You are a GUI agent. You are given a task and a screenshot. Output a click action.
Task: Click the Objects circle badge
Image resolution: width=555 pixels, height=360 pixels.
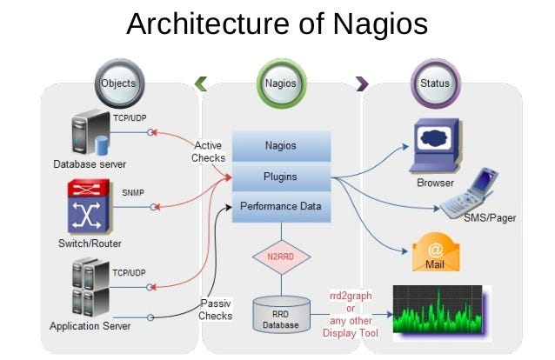[x=119, y=83]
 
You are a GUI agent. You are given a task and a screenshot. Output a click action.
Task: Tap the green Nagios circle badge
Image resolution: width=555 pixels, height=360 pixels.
[x=281, y=83]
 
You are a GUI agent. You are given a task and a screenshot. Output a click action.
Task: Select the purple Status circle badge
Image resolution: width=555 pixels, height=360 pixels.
[x=435, y=83]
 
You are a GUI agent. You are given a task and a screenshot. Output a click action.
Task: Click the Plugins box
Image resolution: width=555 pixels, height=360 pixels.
[x=281, y=177]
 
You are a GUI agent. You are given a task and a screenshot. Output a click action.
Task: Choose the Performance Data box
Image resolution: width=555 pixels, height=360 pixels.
[x=281, y=207]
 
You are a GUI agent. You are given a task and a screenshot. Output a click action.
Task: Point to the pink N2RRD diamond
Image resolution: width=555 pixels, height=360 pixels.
[x=281, y=257]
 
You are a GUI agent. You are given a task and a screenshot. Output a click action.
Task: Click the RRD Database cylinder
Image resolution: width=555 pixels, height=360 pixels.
[x=281, y=315]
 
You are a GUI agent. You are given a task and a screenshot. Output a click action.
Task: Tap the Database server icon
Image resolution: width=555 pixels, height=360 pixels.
[x=90, y=133]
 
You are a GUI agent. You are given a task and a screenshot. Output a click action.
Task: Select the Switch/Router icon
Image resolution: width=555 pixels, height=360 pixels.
[x=90, y=206]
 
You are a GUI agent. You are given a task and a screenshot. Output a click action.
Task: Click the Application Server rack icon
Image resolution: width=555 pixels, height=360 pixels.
[x=90, y=288]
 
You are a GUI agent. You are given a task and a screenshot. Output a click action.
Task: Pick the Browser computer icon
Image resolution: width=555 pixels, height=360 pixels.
[x=436, y=146]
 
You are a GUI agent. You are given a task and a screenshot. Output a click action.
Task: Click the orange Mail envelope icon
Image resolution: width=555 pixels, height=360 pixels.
[x=436, y=252]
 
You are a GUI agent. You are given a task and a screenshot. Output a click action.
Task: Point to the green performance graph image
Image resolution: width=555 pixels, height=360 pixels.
[x=442, y=313]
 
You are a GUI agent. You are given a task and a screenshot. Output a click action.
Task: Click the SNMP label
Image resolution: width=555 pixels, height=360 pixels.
[x=133, y=193]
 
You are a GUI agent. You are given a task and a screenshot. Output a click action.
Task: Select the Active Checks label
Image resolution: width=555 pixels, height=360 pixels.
[x=208, y=151]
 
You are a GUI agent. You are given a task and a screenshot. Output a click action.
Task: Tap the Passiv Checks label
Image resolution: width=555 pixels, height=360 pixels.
[x=215, y=310]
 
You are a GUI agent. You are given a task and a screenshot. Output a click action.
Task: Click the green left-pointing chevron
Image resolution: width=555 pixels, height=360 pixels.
[x=201, y=83]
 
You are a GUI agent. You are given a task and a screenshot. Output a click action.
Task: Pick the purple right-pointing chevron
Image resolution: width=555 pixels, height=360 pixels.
[x=362, y=83]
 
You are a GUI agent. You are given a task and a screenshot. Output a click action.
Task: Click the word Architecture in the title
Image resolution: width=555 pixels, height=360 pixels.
[x=208, y=24]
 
